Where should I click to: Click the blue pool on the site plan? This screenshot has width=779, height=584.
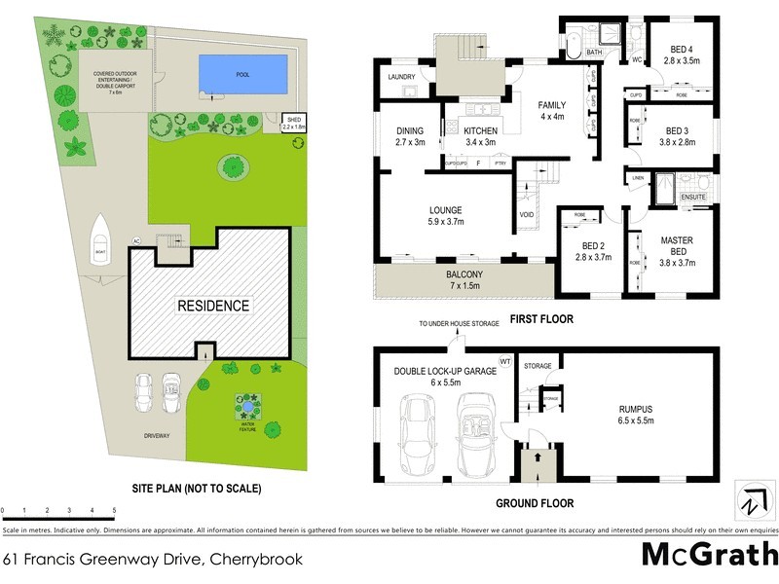click(243, 73)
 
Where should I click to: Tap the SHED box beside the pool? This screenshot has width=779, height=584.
click(293, 124)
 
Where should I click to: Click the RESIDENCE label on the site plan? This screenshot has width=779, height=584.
click(212, 306)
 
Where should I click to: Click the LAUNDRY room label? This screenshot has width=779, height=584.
click(401, 77)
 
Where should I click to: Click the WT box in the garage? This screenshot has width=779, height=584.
click(504, 361)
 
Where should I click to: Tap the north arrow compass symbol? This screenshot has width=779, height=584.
click(752, 503)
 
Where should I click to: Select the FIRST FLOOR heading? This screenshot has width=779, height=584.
click(543, 318)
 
